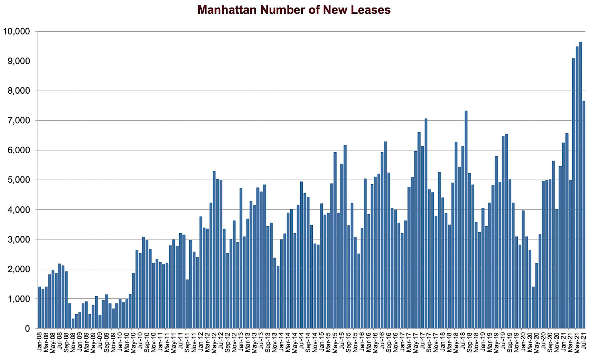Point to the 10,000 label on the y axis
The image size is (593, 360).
click(x=16, y=31)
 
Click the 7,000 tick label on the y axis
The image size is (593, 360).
click(x=19, y=121)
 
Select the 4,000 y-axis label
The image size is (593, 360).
click(x=19, y=209)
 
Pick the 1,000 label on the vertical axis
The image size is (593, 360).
click(x=19, y=299)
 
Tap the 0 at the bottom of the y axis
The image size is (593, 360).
click(x=27, y=329)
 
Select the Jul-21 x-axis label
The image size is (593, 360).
click(x=584, y=341)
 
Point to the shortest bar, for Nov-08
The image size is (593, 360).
click(x=73, y=323)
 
